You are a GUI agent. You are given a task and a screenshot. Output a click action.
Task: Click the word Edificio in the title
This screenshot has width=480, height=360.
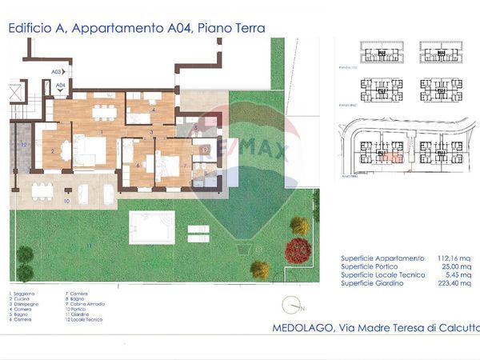click(x=35, y=28)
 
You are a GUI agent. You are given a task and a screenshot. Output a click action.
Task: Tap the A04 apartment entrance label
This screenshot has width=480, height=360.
click(x=60, y=82)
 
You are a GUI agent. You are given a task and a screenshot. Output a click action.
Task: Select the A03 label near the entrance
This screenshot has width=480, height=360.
click(x=56, y=71)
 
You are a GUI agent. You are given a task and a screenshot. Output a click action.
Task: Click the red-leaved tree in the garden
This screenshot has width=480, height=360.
click(x=297, y=250)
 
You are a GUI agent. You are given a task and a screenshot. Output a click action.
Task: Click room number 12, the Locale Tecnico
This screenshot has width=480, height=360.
click(x=24, y=145)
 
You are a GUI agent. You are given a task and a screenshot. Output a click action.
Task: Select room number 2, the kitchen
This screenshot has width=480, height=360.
click(x=53, y=150)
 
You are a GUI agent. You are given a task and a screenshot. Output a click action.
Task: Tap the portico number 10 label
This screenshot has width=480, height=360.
click(x=66, y=202)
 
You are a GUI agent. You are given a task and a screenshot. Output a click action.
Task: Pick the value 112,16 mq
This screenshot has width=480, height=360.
click(x=454, y=258)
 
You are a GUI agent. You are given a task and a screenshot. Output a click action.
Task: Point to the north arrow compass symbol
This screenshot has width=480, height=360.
click(x=294, y=305)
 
